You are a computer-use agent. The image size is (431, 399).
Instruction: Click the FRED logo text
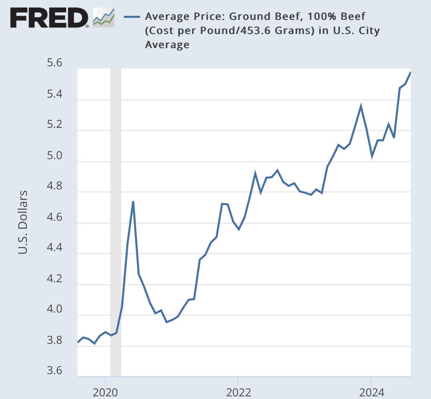click(48, 18)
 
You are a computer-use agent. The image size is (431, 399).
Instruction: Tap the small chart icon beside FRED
click(103, 17)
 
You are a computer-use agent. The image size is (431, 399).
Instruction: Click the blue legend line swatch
click(132, 16)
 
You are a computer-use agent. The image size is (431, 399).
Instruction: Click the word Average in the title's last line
click(167, 44)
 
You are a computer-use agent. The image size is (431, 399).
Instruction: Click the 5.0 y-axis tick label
click(55, 156)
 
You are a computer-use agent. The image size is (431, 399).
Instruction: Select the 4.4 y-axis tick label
click(55, 248)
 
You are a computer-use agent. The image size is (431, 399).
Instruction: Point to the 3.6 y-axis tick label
click(55, 370)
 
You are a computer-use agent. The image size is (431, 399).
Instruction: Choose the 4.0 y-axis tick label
click(55, 309)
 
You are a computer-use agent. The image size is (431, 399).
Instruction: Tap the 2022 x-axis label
click(238, 392)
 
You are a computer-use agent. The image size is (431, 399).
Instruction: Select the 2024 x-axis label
click(371, 392)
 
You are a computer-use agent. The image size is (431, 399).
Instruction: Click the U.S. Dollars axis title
click(22, 222)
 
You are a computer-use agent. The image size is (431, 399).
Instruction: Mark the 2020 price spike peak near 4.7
click(133, 202)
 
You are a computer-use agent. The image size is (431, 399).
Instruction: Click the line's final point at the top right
click(410, 72)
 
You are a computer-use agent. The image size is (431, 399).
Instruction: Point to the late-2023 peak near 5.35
click(361, 106)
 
